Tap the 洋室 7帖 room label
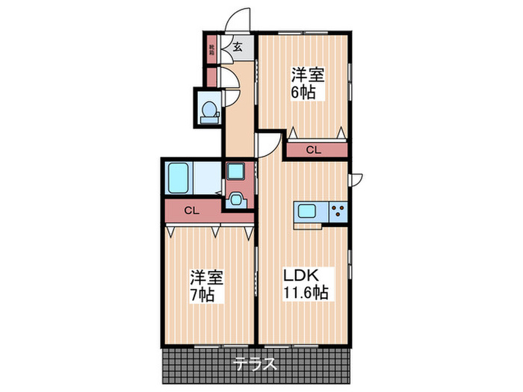[x=205, y=286]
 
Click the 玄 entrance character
[x=238, y=47]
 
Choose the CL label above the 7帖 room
[x=193, y=211]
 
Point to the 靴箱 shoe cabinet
[x=212, y=51]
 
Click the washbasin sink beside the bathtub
[x=237, y=199]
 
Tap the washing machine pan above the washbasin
[x=237, y=172]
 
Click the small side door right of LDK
[x=356, y=179]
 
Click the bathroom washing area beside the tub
[x=207, y=179]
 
